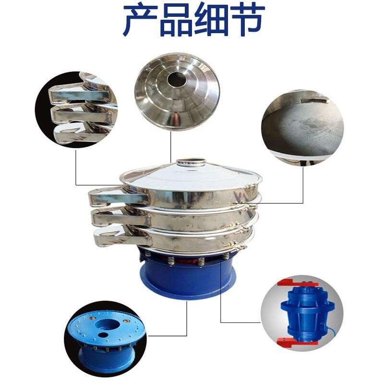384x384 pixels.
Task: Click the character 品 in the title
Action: pyautogui.click(x=176, y=20)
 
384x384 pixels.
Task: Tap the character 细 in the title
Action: pyautogui.click(x=211, y=20)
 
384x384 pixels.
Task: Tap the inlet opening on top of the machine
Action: pyautogui.click(x=191, y=162)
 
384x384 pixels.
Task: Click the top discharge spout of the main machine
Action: pyautogui.click(x=118, y=197)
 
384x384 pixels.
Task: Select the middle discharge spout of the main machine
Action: pyautogui.click(x=120, y=217)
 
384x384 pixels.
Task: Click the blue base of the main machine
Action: pyautogui.click(x=188, y=276)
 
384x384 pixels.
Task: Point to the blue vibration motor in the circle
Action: pyautogui.click(x=307, y=313)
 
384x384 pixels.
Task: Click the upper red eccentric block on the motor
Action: pyautogui.click(x=297, y=283)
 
